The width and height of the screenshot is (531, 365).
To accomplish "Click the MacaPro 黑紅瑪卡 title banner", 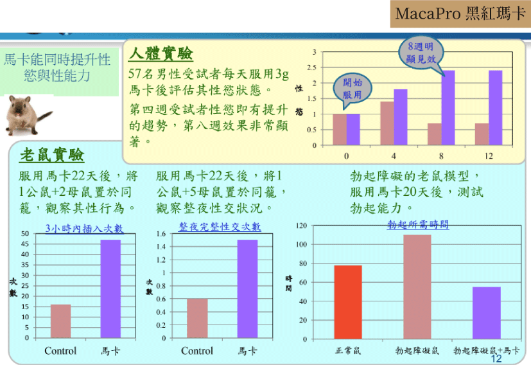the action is pos(460,14).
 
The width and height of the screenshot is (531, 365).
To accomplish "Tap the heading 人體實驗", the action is pos(161,53).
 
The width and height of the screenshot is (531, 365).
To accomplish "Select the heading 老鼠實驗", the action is pos(52,156).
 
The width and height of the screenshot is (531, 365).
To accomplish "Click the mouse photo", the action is pos(28,115).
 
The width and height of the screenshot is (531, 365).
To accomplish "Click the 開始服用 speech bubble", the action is pos(353,89).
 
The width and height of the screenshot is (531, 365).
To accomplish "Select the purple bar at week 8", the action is pos(448,108).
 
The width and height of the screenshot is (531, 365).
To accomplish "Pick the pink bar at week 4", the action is pos(387,123).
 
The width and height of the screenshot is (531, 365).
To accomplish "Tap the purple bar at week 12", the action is pos(496,108).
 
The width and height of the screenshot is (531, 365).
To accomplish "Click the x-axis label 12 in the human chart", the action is pos(489,156).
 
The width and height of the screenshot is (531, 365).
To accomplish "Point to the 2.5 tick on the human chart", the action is pos(311,67).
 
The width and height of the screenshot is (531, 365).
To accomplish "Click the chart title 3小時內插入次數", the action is pos(84,228).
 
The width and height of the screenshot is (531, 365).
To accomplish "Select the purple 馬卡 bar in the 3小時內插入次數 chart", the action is pos(110,289).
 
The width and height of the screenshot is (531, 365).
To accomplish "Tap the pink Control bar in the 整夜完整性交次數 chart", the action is pos(197,318).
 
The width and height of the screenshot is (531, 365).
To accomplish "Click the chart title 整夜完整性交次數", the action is pos(220,226).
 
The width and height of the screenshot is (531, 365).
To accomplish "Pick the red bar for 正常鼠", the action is pos(348,302).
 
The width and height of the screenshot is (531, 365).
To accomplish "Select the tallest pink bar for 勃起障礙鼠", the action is pos(417,287).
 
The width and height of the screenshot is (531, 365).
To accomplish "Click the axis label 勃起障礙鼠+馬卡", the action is pos(486,350).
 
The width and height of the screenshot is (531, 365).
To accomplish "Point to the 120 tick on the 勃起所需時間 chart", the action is pos(301,226).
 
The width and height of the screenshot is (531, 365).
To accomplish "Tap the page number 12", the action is pos(496,359).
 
